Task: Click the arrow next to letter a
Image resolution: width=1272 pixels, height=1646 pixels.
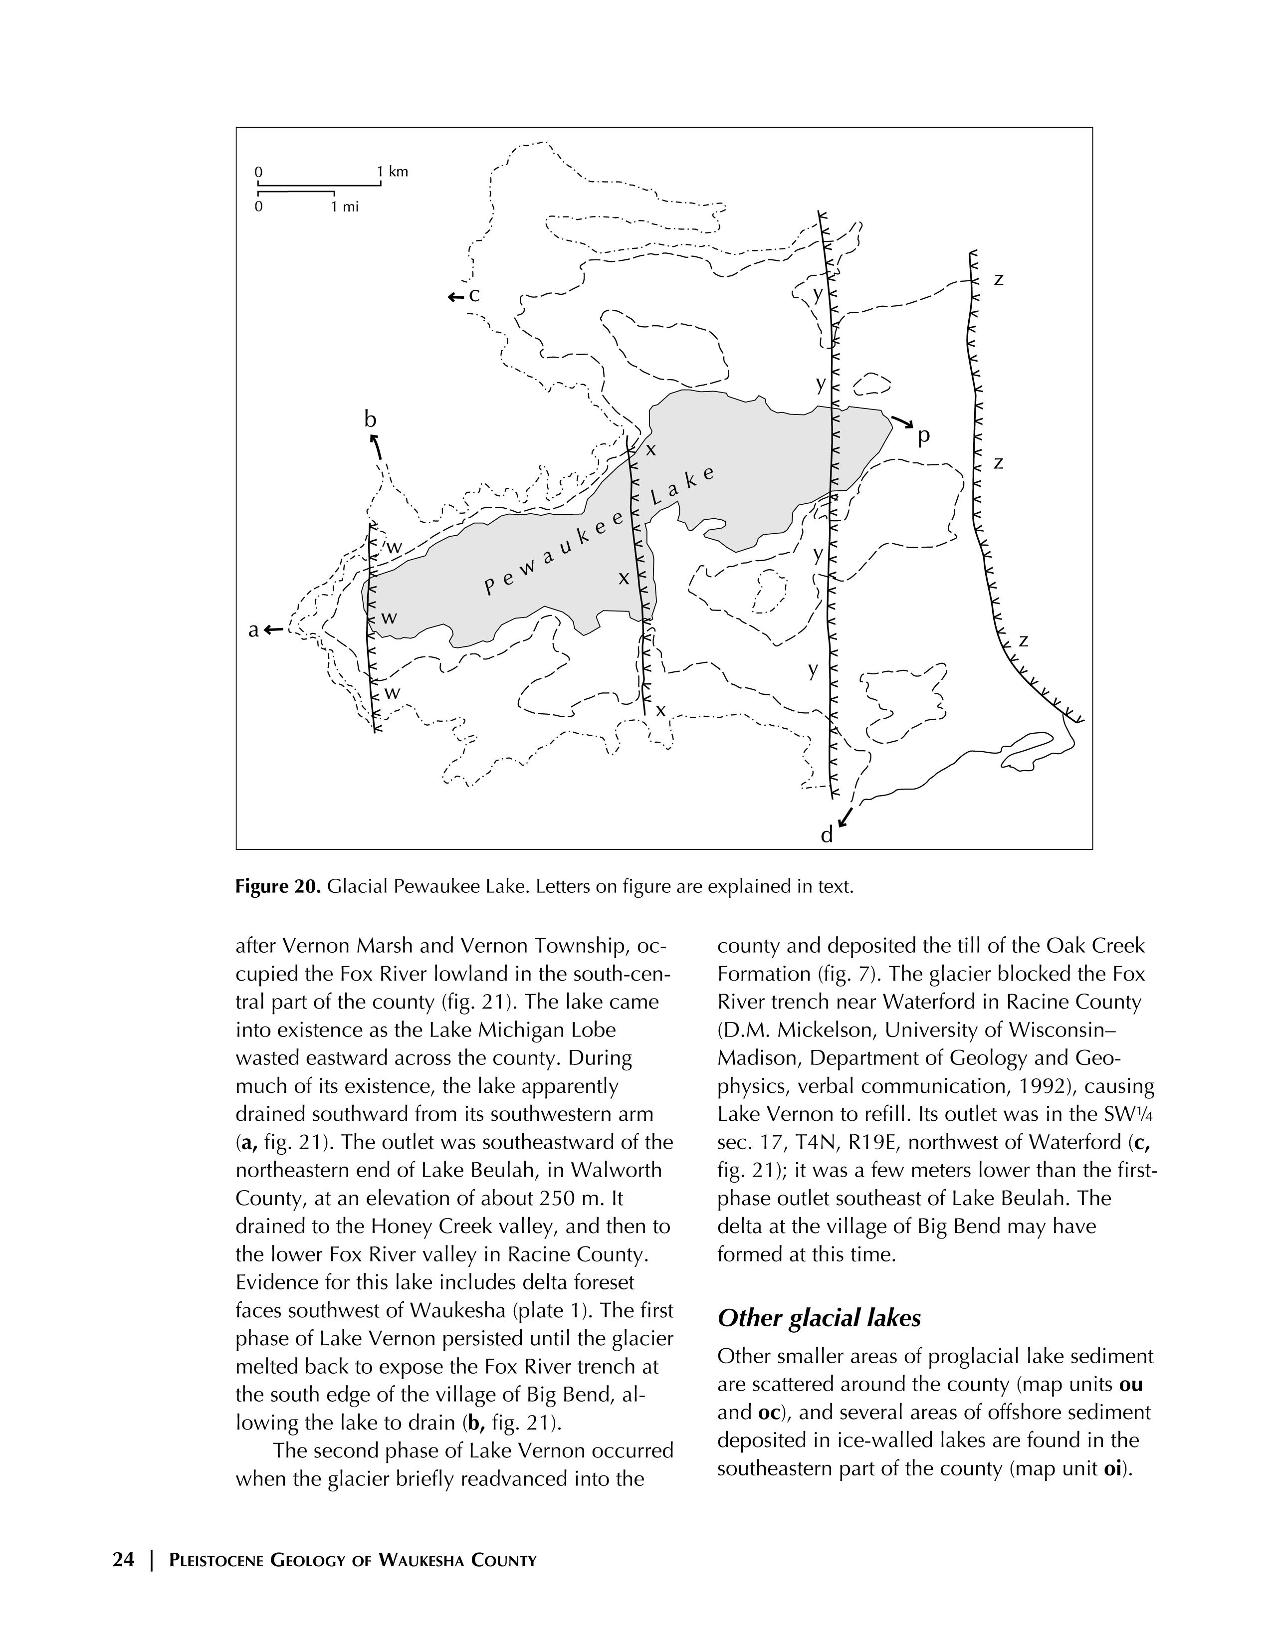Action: point(274,629)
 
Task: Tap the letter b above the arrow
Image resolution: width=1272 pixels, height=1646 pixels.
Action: point(370,419)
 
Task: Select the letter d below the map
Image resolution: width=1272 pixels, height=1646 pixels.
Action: point(827,836)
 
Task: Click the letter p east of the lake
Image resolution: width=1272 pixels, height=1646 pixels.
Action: point(923,436)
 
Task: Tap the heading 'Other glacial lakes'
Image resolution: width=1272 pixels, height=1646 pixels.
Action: point(819,1318)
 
